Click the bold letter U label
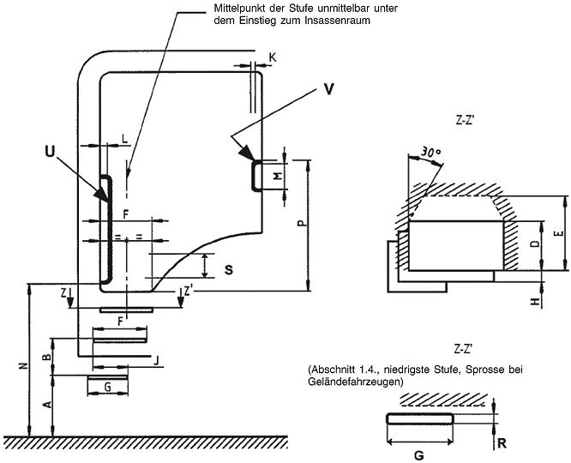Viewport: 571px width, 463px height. (x=50, y=151)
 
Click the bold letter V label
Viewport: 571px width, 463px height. (x=328, y=89)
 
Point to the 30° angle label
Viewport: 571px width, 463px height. (x=430, y=153)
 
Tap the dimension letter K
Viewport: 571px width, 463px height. (x=273, y=57)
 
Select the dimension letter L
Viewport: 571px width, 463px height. (x=125, y=139)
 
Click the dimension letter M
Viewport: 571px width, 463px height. (x=278, y=177)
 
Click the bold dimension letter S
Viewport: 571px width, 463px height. (x=229, y=270)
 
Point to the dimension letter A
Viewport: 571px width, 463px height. (x=47, y=405)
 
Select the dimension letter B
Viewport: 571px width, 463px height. (x=47, y=357)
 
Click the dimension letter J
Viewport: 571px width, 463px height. (x=157, y=361)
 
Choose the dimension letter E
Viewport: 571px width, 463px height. (x=561, y=233)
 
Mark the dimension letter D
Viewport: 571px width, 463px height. (x=534, y=244)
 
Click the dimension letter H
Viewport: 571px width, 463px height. (x=534, y=301)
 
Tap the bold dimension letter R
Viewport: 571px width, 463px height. (x=502, y=443)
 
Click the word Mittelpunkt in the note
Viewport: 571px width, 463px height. (x=235, y=8)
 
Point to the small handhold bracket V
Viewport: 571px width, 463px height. (x=256, y=175)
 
